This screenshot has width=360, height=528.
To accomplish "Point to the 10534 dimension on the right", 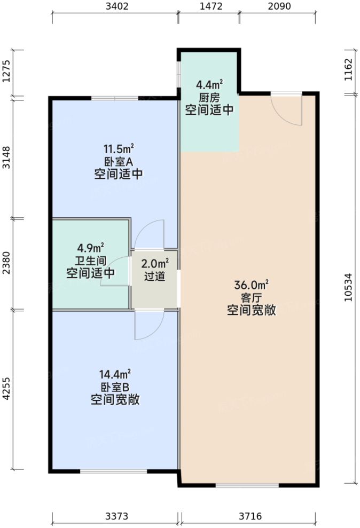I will (x=349, y=288).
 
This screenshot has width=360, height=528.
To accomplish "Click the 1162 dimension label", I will (x=349, y=70).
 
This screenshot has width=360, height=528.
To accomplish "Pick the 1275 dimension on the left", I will (x=6, y=73).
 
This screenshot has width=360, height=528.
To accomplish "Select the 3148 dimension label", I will (x=6, y=157).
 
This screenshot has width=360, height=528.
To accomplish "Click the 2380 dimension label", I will (x=6, y=264).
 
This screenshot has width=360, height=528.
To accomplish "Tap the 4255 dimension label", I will (x=6, y=390).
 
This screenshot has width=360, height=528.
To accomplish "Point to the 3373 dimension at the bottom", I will (x=116, y=516).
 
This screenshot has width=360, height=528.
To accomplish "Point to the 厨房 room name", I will (x=209, y=98).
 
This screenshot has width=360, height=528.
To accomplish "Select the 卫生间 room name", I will (x=90, y=261).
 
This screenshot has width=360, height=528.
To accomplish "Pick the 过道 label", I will (x=154, y=277).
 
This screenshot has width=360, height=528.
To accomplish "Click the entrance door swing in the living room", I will (x=287, y=109).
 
